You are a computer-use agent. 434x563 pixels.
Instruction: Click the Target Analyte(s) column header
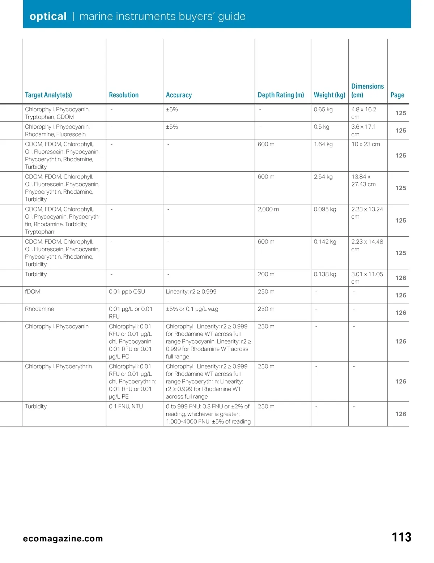pos(48,95)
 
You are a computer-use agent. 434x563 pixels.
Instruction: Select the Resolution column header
pos(124,95)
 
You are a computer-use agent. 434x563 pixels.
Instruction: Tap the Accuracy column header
pos(179,95)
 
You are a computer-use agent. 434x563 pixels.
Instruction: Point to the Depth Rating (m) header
pos(281,95)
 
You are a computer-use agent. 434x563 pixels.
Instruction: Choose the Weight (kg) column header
pos(329,95)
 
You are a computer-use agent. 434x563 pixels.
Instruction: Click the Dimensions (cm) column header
pos(367,91)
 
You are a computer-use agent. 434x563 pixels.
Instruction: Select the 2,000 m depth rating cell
pos(268,209)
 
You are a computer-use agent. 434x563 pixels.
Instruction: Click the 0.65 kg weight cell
pos(323,109)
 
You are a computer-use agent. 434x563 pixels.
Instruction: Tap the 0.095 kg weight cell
pos(325,209)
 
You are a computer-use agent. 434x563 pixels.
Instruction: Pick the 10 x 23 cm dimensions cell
pos(366,144)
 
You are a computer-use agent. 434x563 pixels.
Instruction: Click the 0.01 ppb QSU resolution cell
pos(127,292)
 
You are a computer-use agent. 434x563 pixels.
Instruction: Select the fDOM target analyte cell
pos(33,292)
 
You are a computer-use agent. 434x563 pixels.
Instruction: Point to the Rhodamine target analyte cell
pos(39,309)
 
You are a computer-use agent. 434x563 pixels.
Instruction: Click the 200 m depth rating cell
pos(266,274)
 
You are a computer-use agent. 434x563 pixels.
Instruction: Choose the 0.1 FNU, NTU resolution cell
pos(126,407)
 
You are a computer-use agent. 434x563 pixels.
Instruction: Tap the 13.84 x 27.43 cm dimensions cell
pos(363,180)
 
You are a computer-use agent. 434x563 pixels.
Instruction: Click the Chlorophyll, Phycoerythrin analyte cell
pos(59,366)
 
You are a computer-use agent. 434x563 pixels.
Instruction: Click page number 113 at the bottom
pos(401,537)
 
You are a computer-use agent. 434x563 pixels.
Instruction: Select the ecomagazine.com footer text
pos(63,539)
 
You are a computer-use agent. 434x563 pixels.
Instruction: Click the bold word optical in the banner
pos(48,16)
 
